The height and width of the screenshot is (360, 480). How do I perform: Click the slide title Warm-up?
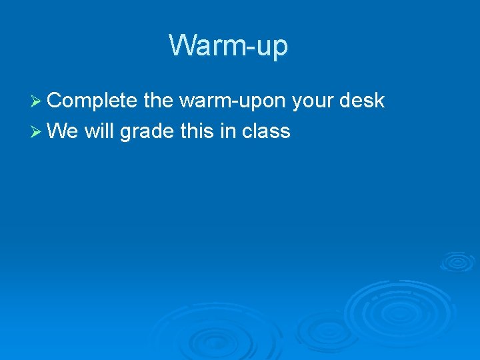tap(228, 46)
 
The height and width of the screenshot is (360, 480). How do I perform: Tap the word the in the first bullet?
tap(159, 101)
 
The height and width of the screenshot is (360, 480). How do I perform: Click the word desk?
tap(362, 101)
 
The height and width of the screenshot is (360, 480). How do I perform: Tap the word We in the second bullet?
tap(64, 131)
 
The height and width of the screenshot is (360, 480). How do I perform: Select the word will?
tap(100, 131)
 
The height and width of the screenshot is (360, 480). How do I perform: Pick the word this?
tap(198, 131)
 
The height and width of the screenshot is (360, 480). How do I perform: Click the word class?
tap(266, 131)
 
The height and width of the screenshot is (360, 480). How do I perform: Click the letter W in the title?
tap(182, 45)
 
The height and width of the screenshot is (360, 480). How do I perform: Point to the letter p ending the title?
tap(280, 49)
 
